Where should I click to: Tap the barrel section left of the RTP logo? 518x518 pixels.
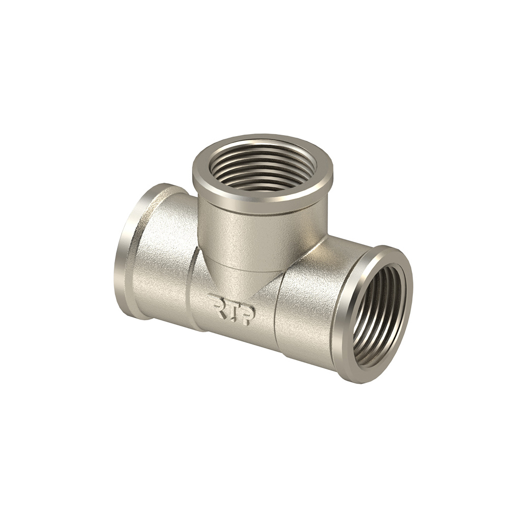(x=162, y=261)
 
